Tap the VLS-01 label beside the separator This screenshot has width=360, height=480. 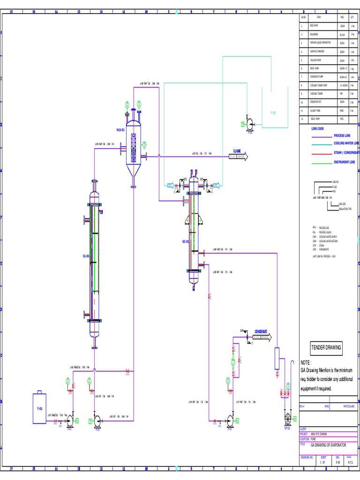pyautogui.click(x=120, y=130)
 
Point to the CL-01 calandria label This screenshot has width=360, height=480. pyautogui.click(x=86, y=256)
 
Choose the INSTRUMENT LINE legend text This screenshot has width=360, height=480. pyautogui.click(x=344, y=162)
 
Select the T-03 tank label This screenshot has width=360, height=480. pyautogui.click(x=273, y=113)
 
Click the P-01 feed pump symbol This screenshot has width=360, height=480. pyautogui.click(x=69, y=421)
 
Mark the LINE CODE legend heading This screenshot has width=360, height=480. pyautogui.click(x=317, y=128)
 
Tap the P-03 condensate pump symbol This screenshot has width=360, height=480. pyautogui.click(x=230, y=420)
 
